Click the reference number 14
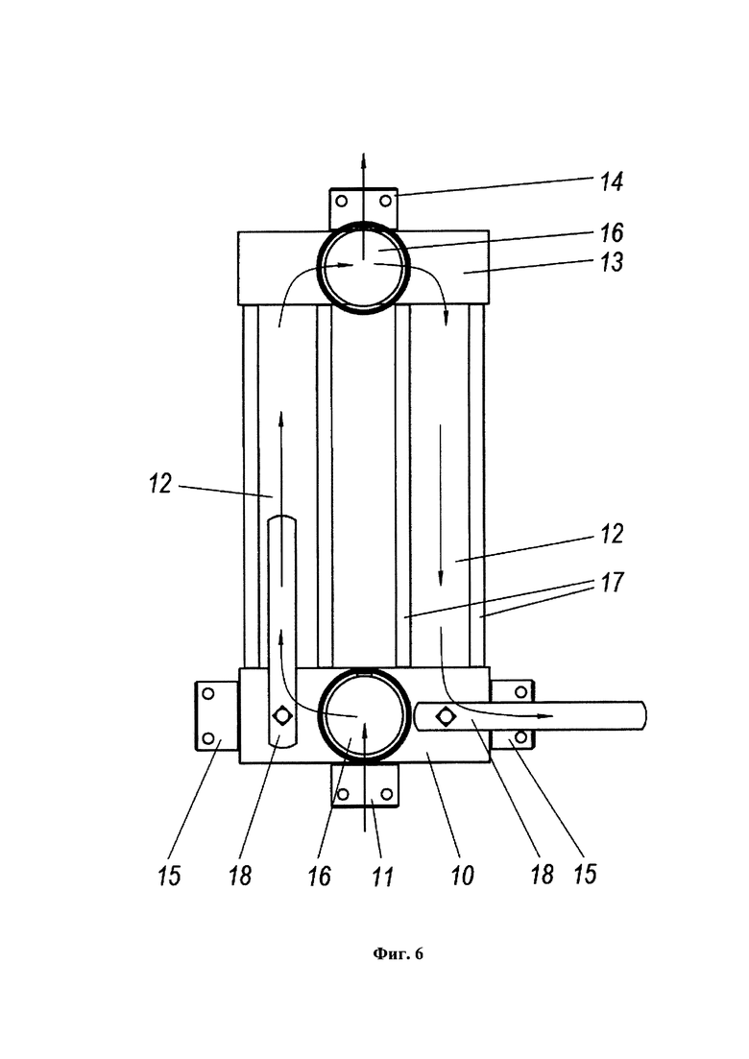pos(612,181)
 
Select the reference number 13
pos(612,262)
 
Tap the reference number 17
pos(612,582)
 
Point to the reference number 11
pos(382,877)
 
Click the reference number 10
pos(463,877)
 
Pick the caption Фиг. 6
pos(398,953)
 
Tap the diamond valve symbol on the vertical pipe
pos(281,714)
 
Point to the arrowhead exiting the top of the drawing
pos(363,158)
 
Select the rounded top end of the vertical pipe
pos(281,518)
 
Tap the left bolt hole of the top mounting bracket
pos(341,201)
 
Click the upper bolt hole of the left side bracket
pos(208,693)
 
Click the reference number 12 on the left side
pos(160,484)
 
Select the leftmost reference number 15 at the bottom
pos(170,876)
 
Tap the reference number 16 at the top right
pos(612,233)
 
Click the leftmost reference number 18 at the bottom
pos(240,876)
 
